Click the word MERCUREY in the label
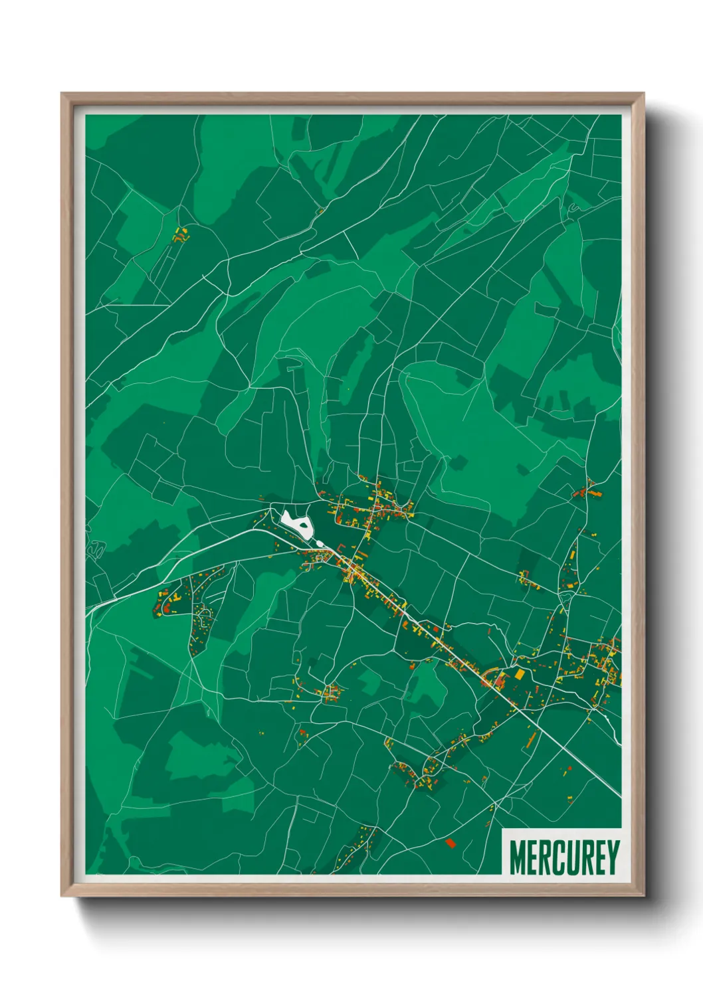pos(564,857)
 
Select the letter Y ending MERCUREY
pos(613,857)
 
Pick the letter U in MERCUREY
pos(571,857)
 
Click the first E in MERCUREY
pos(532,857)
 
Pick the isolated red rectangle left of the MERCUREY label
pos(451,844)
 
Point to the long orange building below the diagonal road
pos(532,739)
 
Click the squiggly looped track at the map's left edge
pos(97,549)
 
